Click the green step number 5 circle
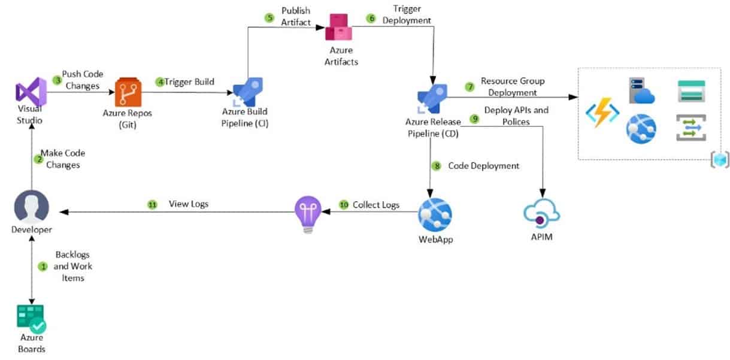point(269,17)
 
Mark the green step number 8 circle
point(437,166)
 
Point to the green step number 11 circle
point(152,205)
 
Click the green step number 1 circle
point(43,266)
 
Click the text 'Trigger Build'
point(189,81)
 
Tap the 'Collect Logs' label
point(375,205)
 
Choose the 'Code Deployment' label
point(483,166)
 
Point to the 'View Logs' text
point(188,204)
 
